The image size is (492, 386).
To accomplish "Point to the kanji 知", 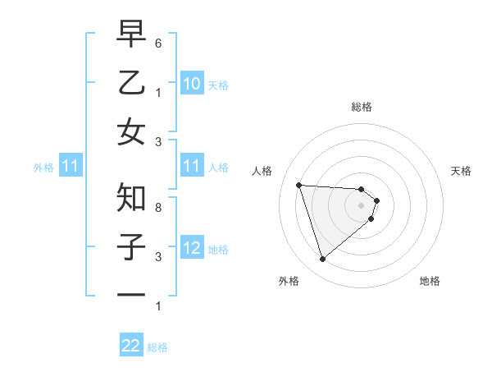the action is tap(131, 197).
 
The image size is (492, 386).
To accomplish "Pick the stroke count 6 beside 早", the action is tap(158, 42).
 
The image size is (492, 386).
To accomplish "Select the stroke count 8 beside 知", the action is tap(158, 208).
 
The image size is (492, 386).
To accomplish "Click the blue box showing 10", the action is tap(191, 84).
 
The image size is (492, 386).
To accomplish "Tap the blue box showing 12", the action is tap(191, 249).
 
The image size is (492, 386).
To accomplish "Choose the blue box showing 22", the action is tap(131, 346).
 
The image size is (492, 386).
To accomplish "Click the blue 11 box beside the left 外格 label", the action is tap(71, 167).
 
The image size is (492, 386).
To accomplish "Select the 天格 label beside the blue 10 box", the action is tap(218, 85).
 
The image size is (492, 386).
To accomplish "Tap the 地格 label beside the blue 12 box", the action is tap(218, 250).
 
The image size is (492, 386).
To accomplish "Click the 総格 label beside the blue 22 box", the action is tap(157, 347).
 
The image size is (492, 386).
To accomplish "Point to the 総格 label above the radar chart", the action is tap(362, 107).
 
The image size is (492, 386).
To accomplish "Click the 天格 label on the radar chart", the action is tap(462, 171).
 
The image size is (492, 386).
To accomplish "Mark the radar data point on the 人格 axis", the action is tap(298, 185).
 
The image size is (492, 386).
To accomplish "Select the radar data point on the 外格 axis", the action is tap(322, 260).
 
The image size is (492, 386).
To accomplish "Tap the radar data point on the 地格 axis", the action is tap(371, 218).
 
